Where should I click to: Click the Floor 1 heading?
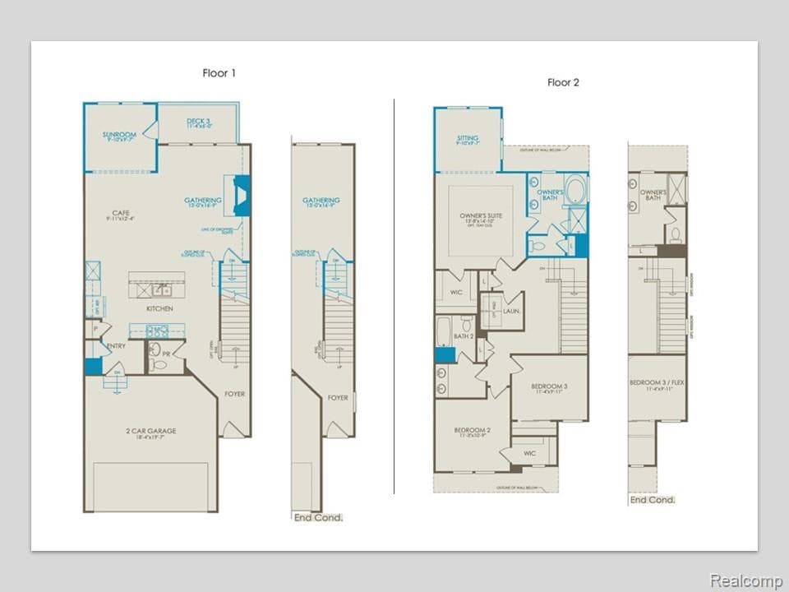point(219,73)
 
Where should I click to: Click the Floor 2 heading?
point(564,82)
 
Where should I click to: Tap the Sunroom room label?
point(119,134)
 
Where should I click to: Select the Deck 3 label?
point(199,122)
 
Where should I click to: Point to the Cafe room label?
point(120,212)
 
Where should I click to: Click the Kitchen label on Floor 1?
point(159,308)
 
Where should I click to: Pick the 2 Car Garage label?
point(151,431)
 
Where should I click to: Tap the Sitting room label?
point(467,138)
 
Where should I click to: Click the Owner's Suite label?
point(481,215)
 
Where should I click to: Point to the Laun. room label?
point(512,312)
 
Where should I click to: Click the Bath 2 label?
point(464,336)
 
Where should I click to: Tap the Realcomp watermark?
point(745,580)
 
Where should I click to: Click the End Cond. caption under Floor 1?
point(318,517)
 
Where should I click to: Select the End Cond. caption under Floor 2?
point(653,500)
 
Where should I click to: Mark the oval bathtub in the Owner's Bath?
point(574,189)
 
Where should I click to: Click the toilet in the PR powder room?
point(157,362)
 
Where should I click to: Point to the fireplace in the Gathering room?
point(241,196)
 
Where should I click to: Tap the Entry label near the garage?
point(116,346)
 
